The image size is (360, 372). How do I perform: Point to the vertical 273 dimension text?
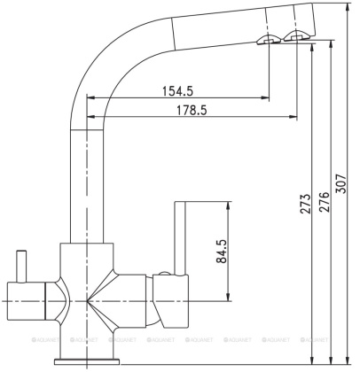click(305, 204)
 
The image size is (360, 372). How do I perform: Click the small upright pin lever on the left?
click(20, 265)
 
